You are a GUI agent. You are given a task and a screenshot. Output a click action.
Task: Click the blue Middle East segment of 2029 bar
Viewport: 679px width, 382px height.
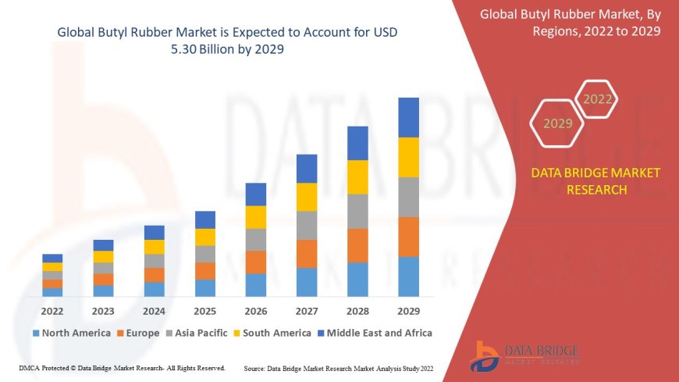point(408,117)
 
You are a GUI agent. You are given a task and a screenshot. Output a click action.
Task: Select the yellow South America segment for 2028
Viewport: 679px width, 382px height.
point(357,177)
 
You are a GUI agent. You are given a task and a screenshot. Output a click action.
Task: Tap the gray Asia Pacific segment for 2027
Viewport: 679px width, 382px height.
point(307,225)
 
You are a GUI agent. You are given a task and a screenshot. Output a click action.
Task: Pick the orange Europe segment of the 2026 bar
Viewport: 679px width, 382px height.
point(256,262)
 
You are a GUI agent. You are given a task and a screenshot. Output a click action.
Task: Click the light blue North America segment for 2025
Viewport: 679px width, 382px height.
point(205,287)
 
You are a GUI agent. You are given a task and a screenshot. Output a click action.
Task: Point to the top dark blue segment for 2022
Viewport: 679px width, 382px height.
point(52,258)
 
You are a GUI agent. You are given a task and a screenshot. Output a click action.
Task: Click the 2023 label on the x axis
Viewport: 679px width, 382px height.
point(103,310)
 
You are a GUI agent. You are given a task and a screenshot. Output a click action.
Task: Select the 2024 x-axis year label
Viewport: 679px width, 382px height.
point(154,310)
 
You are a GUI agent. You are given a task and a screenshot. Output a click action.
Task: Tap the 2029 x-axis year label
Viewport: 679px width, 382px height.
point(408,310)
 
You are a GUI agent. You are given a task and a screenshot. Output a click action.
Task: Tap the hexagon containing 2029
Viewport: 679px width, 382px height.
point(557,123)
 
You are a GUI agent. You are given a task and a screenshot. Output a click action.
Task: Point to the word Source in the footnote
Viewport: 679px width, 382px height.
point(255,368)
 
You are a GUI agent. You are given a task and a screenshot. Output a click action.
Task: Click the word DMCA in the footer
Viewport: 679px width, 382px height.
point(29,368)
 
